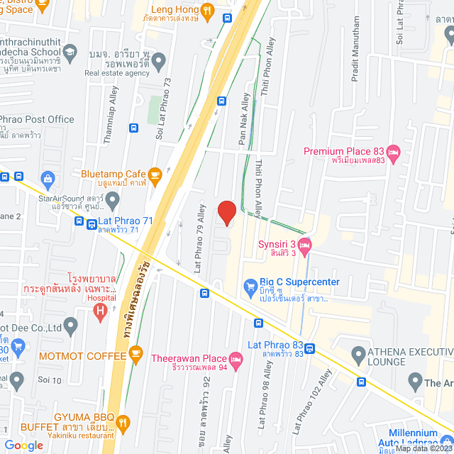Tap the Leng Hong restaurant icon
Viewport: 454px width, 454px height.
tap(207, 10)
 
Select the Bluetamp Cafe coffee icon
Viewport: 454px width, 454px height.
tap(155, 174)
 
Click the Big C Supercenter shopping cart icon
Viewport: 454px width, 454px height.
tap(250, 287)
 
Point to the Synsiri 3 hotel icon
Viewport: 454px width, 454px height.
tap(305, 246)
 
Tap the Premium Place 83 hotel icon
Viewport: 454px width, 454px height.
tap(395, 151)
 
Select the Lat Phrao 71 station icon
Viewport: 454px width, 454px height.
tap(92, 224)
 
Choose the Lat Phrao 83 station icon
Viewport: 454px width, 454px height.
tap(311, 348)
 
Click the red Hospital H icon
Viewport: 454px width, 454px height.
tap(101, 309)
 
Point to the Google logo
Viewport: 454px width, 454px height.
tap(23, 445)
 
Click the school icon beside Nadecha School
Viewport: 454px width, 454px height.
tap(70, 51)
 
